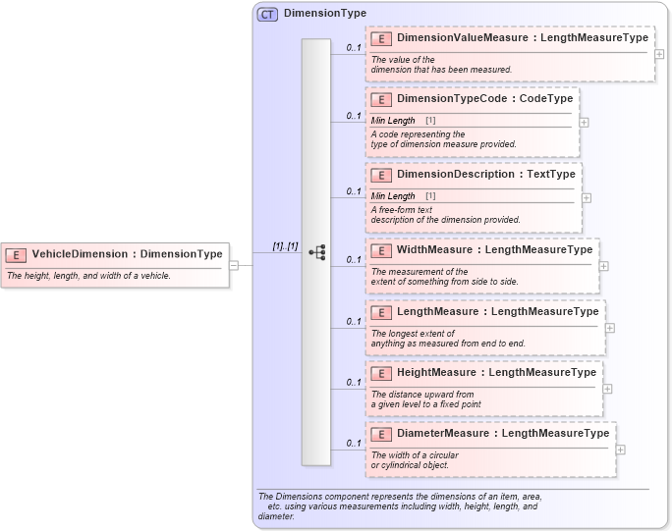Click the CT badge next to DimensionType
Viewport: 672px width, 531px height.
[267, 14]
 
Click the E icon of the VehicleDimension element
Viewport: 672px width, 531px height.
[17, 254]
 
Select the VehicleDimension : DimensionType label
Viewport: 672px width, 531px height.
[127, 254]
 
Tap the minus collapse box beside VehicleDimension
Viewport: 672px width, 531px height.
[234, 264]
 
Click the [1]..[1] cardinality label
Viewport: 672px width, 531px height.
[285, 245]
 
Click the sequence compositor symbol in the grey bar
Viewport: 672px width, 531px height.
[316, 252]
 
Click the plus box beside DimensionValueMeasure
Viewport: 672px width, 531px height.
[659, 53]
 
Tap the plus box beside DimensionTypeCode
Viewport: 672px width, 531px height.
[584, 123]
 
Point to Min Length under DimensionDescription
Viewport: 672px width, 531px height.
[393, 195]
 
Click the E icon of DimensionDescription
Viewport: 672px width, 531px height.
[381, 175]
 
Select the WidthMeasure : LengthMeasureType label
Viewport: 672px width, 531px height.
[494, 250]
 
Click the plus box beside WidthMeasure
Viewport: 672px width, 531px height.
[603, 265]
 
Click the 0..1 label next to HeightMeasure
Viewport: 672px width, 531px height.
[354, 382]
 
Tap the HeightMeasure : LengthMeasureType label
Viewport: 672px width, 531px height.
[496, 373]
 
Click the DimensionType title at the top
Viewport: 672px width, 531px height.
[324, 14]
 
